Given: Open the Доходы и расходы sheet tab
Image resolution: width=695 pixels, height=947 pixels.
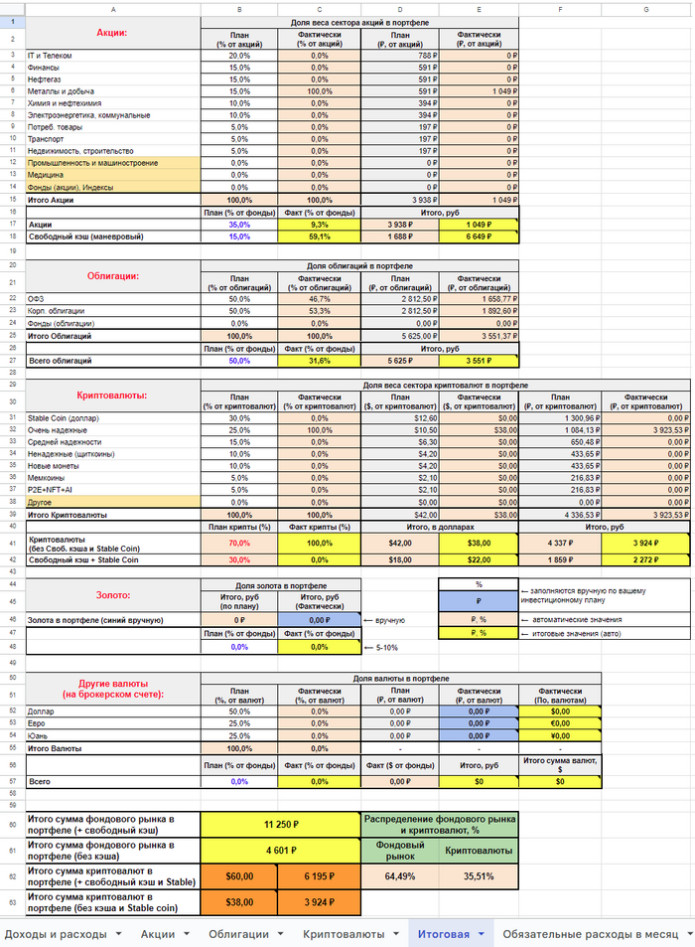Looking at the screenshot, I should coord(59,934).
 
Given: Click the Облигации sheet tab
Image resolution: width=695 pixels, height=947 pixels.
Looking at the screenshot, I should coord(237,934).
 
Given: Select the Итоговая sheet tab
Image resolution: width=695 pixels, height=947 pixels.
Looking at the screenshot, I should coord(443,934).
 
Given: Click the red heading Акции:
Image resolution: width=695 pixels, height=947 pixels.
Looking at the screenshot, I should coord(112,33).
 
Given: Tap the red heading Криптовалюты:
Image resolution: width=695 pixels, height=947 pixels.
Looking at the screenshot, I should coord(112,395).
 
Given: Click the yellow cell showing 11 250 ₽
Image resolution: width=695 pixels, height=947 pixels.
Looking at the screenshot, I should coord(280,824).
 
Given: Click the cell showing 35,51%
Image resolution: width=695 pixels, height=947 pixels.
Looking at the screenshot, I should coord(478,876).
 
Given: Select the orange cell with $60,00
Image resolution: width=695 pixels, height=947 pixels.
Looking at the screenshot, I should coord(240,876).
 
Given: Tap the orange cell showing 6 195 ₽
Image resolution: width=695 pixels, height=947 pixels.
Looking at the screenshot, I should coord(319,876).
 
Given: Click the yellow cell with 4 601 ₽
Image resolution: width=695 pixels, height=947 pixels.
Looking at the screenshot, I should coord(280,851).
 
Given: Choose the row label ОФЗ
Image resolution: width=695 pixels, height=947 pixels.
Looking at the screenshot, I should coord(36,298).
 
